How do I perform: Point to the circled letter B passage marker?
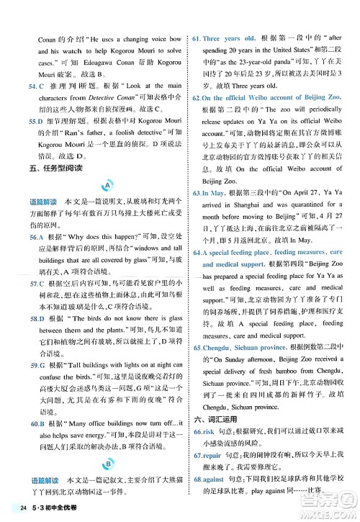coord(96,462)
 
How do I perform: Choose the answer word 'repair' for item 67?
coord(215,456)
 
